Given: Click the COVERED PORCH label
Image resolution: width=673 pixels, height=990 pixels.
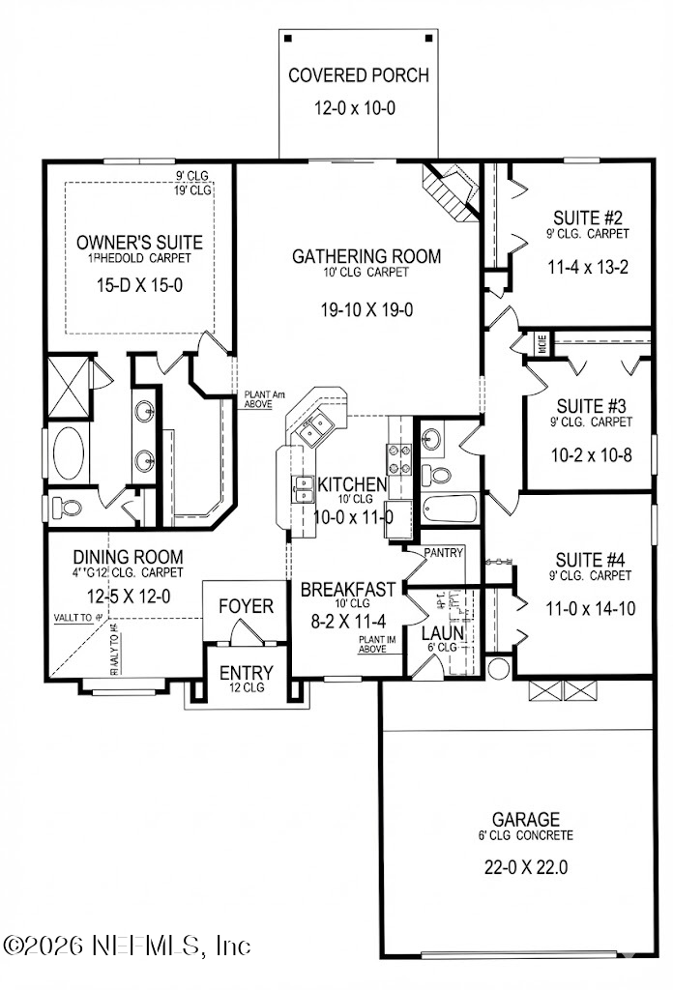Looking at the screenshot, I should coord(358,75).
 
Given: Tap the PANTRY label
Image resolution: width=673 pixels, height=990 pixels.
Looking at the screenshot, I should coord(442,553).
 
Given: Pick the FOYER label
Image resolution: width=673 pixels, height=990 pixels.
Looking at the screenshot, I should coord(246,606).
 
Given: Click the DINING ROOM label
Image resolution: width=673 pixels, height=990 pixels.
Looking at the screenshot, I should coord(129,557).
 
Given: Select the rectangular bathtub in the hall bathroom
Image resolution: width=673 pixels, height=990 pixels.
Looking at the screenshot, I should coord(451,509).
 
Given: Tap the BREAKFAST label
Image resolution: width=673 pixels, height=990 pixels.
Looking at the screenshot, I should coord(347,588).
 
